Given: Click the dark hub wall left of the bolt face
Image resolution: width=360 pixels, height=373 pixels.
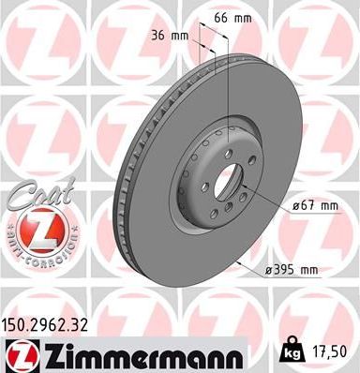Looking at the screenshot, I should pyautogui.click(x=178, y=178).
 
